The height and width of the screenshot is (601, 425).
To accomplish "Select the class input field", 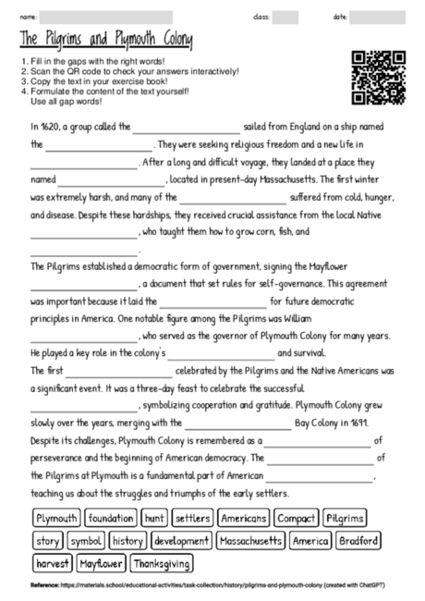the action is pos(285,18).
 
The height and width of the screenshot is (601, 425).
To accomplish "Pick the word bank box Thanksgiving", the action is pos(162,563).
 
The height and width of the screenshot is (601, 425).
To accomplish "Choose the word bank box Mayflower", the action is pos(102,563).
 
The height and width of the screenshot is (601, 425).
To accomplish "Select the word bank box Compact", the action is pos(296,518).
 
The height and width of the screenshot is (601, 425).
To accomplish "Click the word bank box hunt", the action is pos(154,518).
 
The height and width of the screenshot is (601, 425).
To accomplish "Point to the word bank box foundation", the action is pos(112,518).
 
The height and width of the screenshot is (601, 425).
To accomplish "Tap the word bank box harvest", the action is pos(53,563).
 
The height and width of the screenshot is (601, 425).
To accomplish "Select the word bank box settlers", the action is pos(192,518).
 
